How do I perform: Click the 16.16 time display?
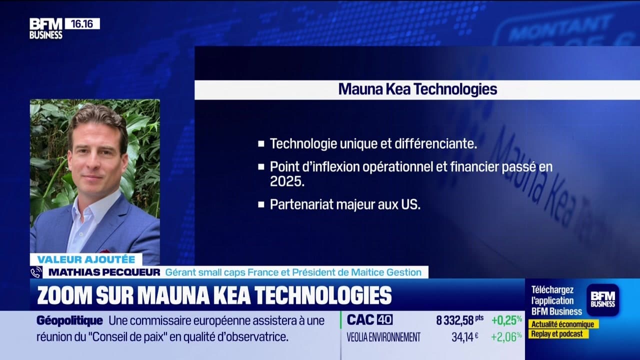click(82, 23)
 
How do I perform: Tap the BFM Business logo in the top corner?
click(45, 28)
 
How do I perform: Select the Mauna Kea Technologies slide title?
click(417, 89)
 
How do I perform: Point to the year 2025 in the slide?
click(287, 181)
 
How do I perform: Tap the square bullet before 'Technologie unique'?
click(261, 144)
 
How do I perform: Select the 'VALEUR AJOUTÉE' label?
click(86, 259)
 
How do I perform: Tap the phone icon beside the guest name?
click(36, 272)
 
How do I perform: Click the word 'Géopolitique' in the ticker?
click(69, 321)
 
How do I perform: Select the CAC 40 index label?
click(370, 320)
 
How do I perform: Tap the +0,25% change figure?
click(506, 320)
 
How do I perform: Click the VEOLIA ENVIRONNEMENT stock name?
click(383, 337)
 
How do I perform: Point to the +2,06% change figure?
click(506, 337)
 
